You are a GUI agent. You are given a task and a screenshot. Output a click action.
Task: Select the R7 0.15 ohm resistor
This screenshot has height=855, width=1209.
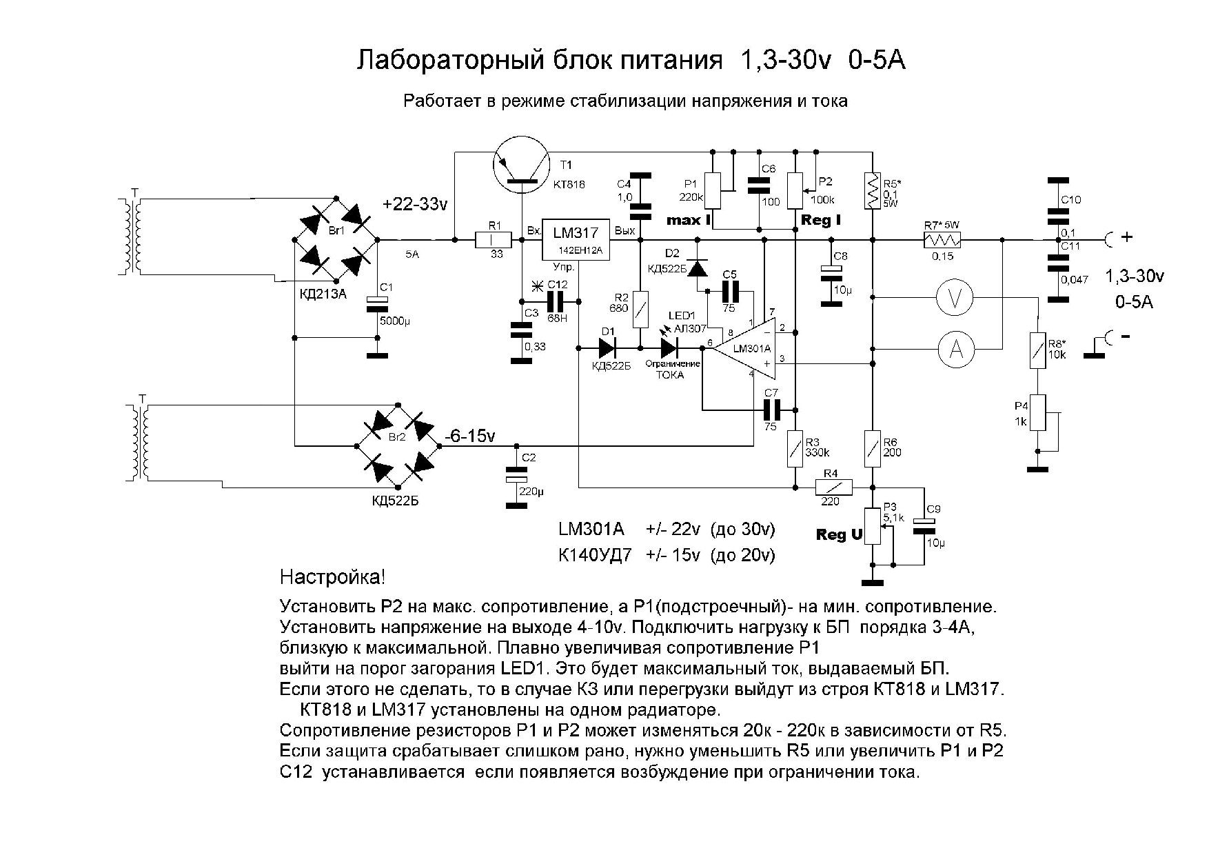tap(942, 239)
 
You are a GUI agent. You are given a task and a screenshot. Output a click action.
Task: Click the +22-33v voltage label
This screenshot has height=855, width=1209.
tap(415, 204)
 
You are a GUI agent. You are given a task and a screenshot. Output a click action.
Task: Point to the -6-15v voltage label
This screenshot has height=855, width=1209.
tap(471, 436)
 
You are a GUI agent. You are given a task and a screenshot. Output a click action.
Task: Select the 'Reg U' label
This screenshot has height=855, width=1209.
tap(839, 534)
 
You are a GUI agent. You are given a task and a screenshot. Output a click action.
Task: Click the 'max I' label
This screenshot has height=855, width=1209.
tap(688, 221)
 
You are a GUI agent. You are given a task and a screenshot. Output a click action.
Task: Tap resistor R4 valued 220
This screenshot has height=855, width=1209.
tap(833, 487)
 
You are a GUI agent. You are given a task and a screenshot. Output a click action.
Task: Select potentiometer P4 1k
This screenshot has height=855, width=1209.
tap(1038, 412)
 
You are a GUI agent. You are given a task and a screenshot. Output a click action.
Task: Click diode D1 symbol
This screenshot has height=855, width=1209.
tap(607, 348)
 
